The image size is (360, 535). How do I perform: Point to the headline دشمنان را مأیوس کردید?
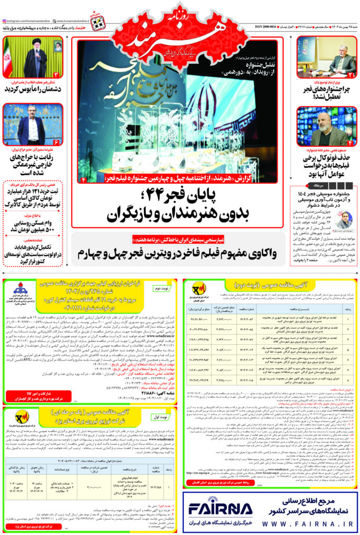click(x=33, y=89)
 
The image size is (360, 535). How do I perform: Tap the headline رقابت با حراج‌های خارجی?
click(x=33, y=165)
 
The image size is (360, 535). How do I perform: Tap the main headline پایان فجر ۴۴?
click(x=180, y=205)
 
